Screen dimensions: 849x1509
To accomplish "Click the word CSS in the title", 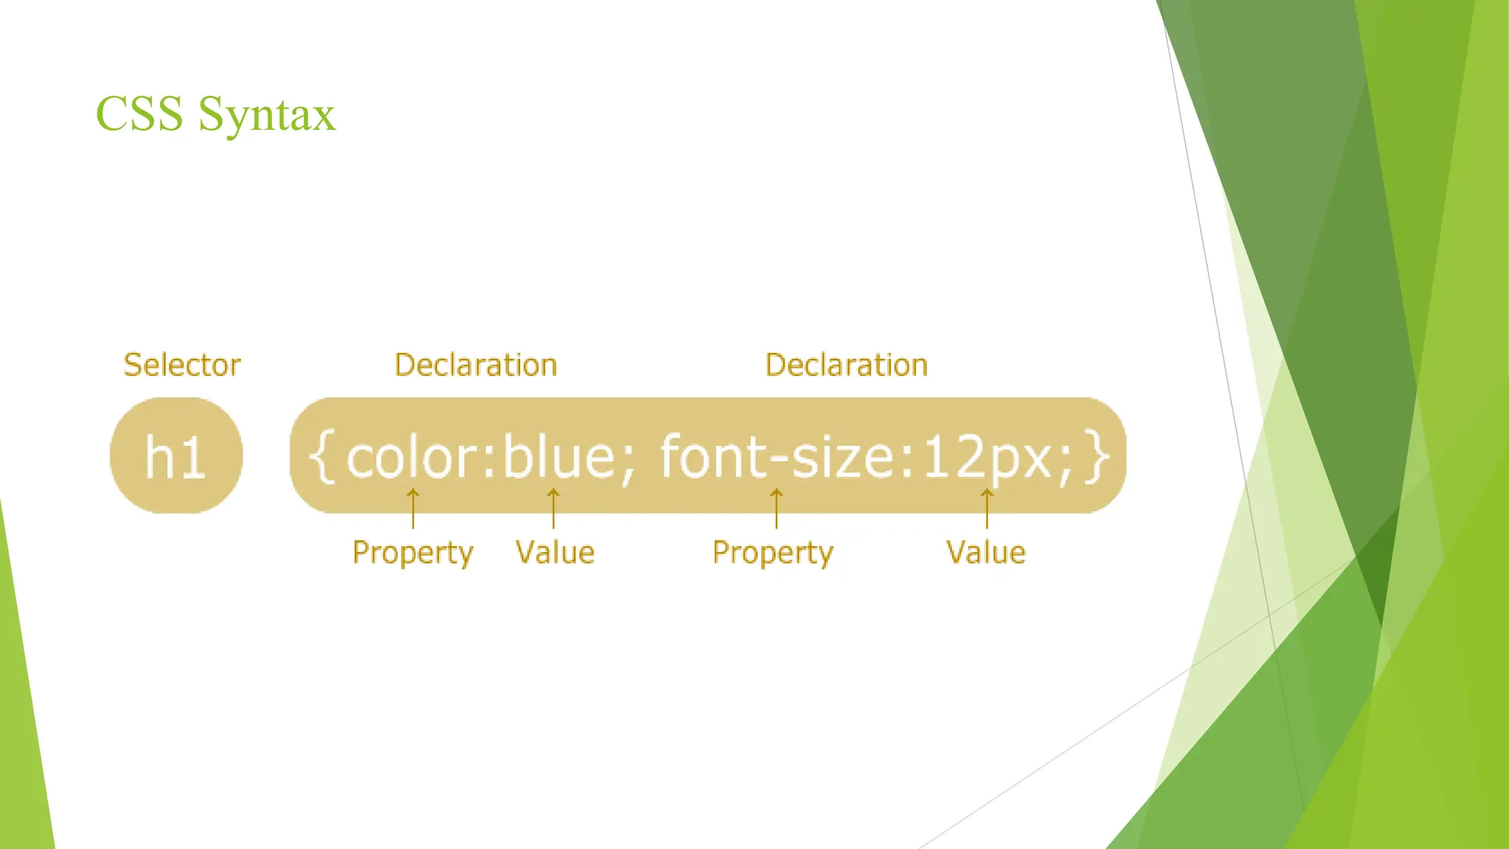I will tap(139, 114).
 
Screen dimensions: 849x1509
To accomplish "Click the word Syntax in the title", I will tap(267, 116).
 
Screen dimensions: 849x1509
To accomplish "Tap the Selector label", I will tap(182, 365).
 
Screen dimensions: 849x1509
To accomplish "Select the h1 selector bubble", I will tap(176, 455).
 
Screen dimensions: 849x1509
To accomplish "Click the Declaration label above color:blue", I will tap(476, 365).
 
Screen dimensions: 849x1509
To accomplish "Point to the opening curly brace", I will tap(321, 457).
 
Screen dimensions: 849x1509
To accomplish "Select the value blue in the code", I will tap(559, 457).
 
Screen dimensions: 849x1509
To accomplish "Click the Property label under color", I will tap(413, 553).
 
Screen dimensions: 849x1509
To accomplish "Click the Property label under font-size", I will tap(773, 553).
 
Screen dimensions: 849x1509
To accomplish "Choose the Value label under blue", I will tap(555, 552).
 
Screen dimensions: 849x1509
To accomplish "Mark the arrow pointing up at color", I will tap(413, 508).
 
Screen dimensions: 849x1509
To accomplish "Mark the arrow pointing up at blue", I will tap(553, 508).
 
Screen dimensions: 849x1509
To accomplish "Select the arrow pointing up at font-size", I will tap(776, 508).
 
